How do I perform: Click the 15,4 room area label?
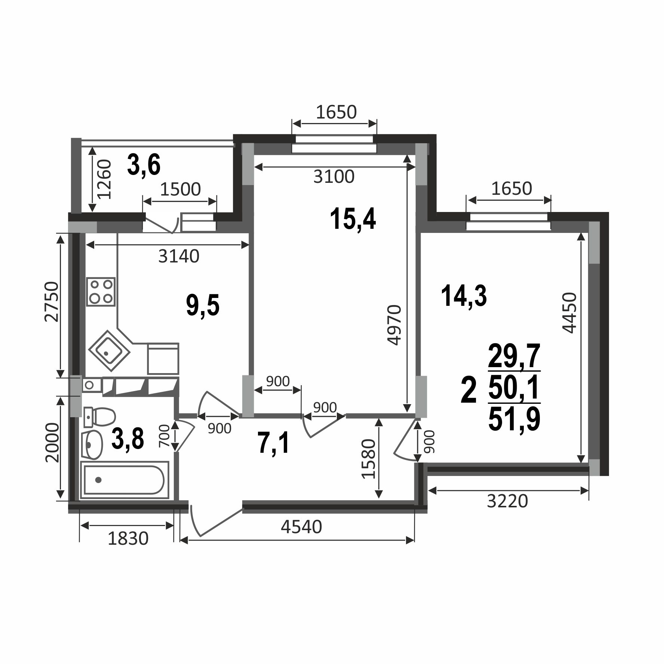click(x=353, y=220)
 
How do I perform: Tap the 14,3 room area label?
click(x=464, y=295)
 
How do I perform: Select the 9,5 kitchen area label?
click(x=203, y=305)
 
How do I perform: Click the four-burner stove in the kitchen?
click(x=101, y=292)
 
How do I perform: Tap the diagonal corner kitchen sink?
click(x=109, y=351)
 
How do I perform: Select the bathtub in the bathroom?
click(x=124, y=480)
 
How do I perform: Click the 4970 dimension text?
click(x=394, y=325)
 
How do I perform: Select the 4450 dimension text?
click(x=569, y=313)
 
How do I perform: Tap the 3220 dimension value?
click(x=507, y=501)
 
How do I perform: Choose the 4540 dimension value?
click(x=301, y=527)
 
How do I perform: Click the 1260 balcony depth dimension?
click(x=104, y=179)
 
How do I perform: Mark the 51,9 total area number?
click(x=514, y=419)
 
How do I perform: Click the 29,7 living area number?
click(x=514, y=356)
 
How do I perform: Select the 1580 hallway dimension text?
click(x=368, y=459)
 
